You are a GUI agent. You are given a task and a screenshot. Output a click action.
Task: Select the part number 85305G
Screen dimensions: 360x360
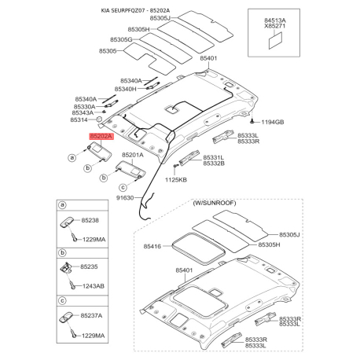click(x=121, y=39)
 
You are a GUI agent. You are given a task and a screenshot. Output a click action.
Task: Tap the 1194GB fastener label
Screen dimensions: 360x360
click(x=272, y=123)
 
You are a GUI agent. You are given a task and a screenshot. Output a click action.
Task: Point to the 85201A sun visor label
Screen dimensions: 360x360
click(x=132, y=156)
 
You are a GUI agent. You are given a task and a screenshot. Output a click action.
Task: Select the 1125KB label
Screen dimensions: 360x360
click(x=175, y=180)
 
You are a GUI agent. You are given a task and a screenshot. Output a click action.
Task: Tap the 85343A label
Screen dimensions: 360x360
click(x=83, y=112)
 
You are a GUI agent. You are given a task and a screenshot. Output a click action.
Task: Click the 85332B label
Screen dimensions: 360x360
click(x=214, y=163)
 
